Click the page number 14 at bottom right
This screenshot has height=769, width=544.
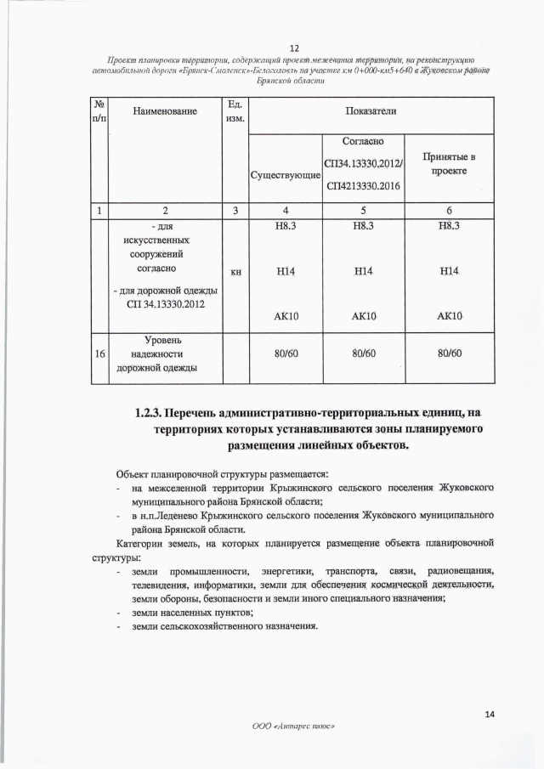click(x=489, y=715)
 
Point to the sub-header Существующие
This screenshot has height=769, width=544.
click(x=283, y=176)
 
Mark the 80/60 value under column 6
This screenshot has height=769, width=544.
click(x=448, y=353)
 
